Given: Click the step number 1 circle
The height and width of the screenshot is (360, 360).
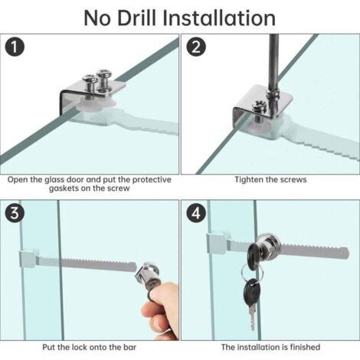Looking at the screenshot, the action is (15, 47).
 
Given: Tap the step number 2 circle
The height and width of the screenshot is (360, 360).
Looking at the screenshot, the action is (196, 47).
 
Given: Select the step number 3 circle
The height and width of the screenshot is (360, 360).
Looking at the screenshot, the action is (15, 213).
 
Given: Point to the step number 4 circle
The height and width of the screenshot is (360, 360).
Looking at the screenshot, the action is (196, 213).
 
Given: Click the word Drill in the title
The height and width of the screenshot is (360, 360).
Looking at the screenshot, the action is (136, 18).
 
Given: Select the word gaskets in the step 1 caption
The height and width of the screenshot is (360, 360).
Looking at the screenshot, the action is (64, 188).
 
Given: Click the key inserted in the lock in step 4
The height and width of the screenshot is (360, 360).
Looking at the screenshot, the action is (254, 256).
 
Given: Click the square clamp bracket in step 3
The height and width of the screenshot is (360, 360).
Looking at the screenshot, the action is (28, 259).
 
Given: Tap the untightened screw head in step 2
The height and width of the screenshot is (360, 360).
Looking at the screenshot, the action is (259, 106).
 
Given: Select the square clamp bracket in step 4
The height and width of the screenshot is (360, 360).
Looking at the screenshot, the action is (218, 242).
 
